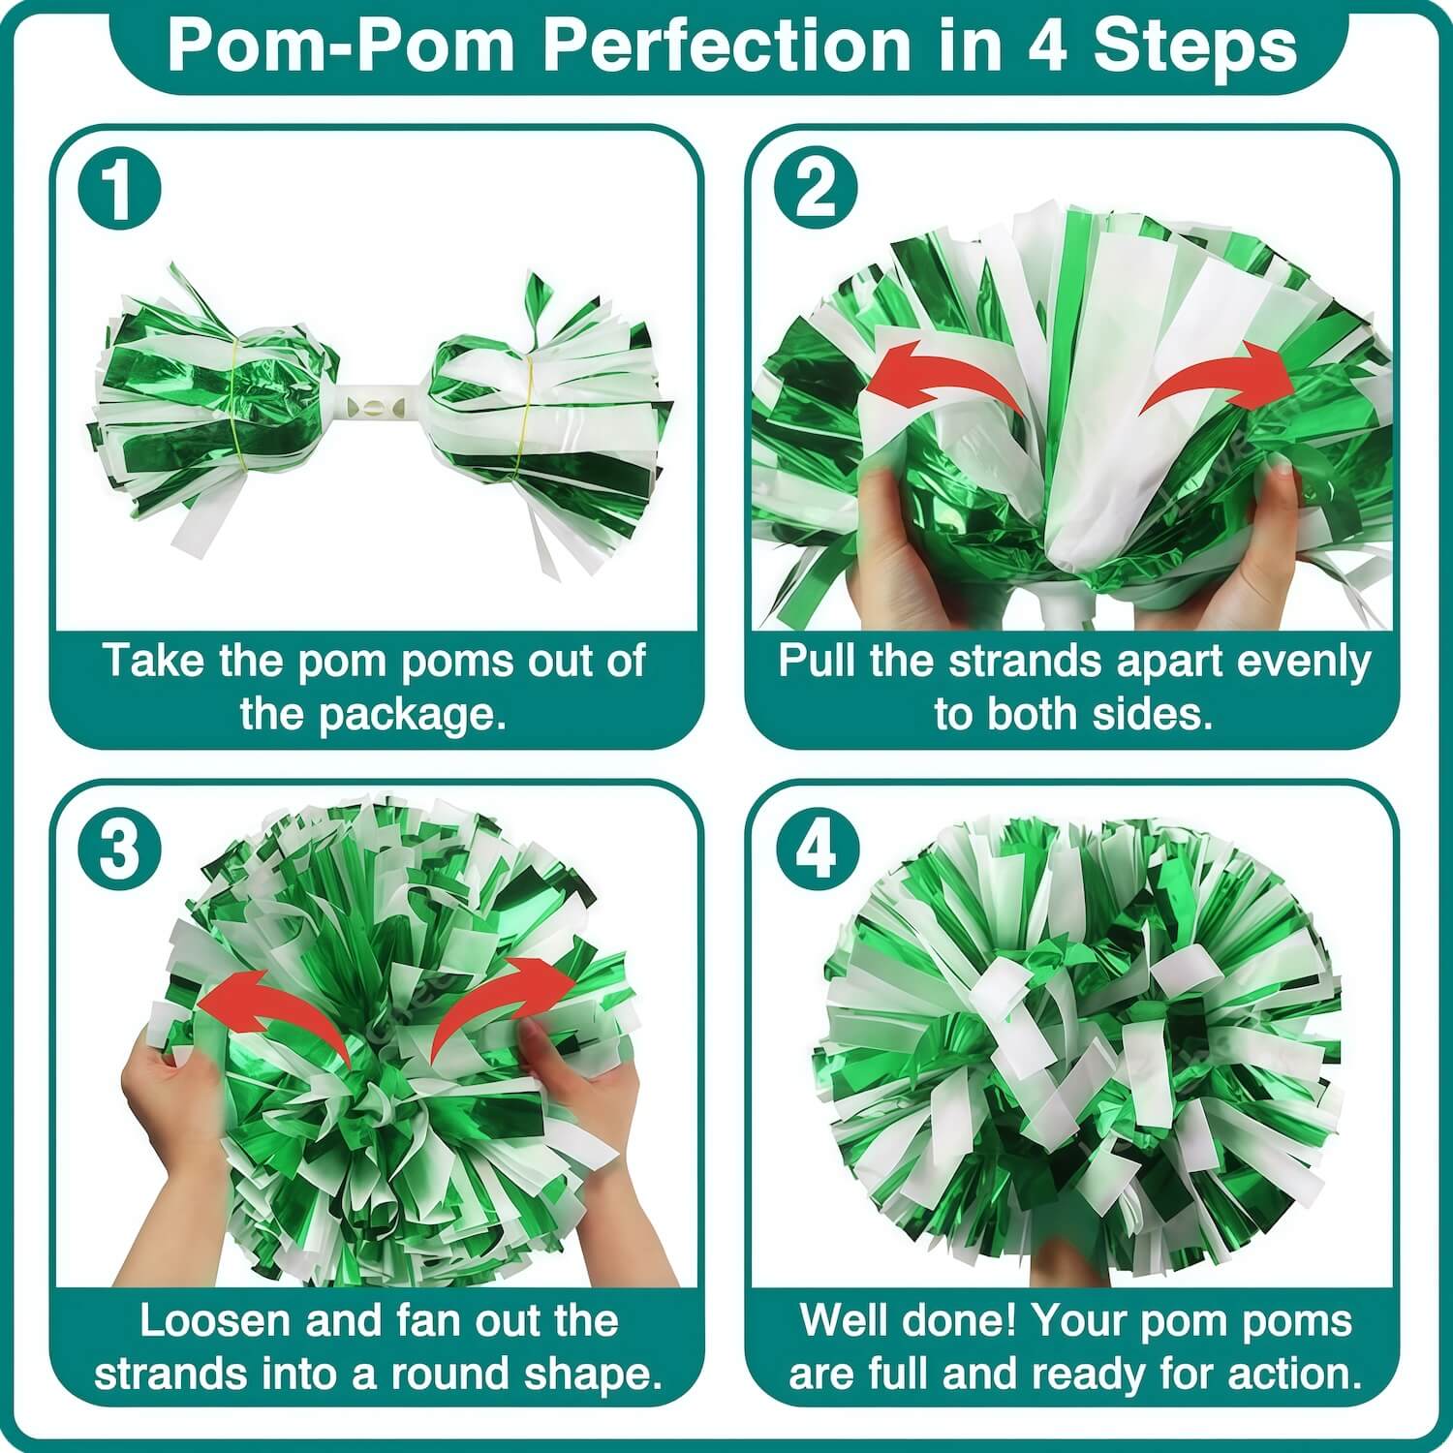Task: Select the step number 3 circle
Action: (x=118, y=850)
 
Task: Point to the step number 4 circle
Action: (x=819, y=850)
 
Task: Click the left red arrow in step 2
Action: (x=940, y=373)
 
